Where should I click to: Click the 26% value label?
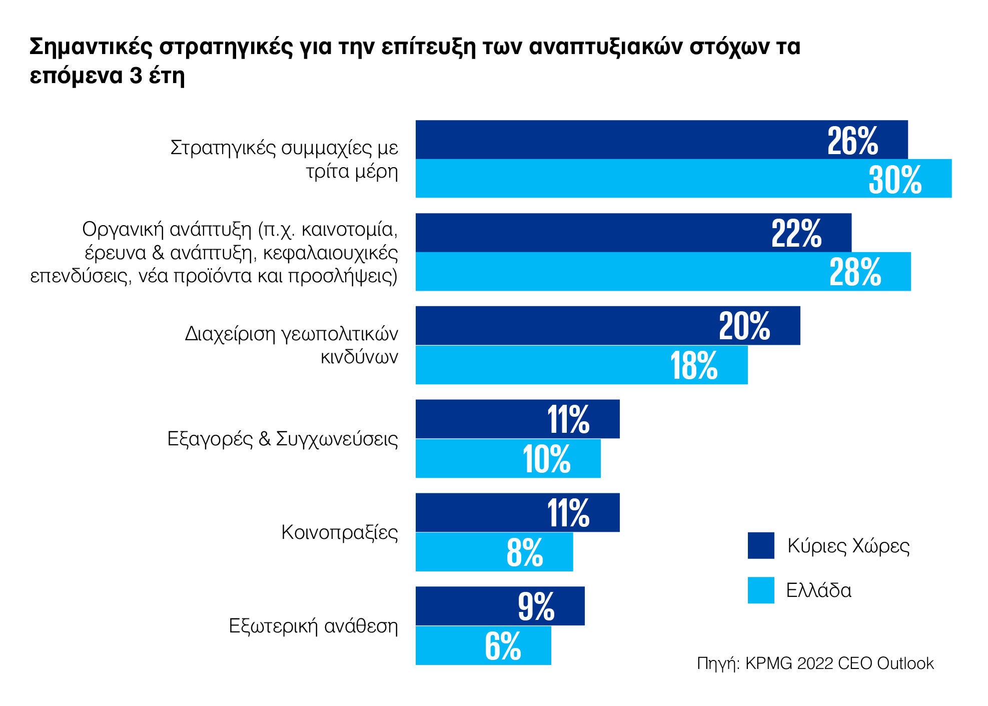pos(852,142)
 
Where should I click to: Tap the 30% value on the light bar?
pos(894,180)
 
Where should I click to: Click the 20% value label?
pos(744,327)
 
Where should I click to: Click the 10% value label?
pos(546,459)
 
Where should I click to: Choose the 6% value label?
pos(503,646)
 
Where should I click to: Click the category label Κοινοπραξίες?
pos(340,532)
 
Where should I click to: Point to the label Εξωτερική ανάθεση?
pos(313,626)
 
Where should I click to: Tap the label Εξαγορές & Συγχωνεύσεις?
pos(283,439)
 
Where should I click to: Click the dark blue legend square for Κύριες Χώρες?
pos(760,545)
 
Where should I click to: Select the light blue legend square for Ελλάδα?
pos(760,590)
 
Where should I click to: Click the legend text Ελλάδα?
pos(818,590)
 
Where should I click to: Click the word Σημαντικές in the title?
pos(91,47)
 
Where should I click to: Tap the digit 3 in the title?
pos(136,76)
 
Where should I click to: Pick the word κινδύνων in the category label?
pos(359,357)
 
